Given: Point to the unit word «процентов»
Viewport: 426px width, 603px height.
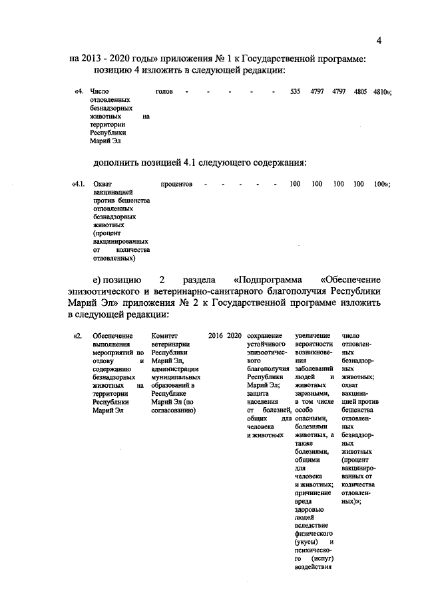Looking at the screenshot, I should click(176, 183).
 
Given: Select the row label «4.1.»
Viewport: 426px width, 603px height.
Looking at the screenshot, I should click(79, 183).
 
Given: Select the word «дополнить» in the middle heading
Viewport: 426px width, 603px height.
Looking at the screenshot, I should click(119, 162).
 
